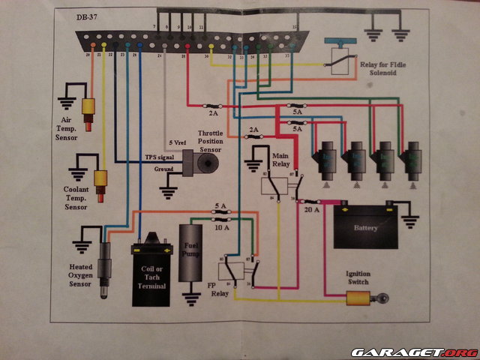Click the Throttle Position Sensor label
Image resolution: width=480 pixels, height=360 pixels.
tap(215, 140)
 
